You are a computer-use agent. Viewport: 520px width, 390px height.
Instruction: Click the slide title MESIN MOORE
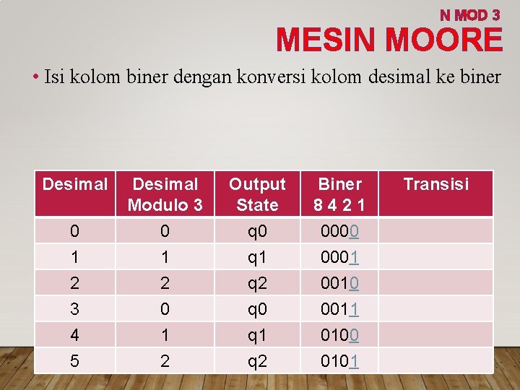[x=389, y=40]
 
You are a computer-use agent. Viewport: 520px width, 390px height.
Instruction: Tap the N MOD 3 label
[x=469, y=14]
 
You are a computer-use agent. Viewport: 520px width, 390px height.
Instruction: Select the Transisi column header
[x=435, y=184]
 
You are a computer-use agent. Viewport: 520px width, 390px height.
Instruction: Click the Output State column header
[x=257, y=194]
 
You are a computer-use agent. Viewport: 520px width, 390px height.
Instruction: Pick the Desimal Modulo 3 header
[x=165, y=194]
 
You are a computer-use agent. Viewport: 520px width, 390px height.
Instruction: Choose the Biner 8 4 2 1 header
[x=339, y=194]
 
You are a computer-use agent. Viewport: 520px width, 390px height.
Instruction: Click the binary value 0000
[x=339, y=231]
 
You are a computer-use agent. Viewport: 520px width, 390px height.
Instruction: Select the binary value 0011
[x=339, y=309]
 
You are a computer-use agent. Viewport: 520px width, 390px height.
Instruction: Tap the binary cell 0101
[x=339, y=360]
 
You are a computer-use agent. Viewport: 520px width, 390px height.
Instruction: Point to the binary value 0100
[x=339, y=335]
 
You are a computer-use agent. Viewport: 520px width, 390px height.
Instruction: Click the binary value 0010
[x=339, y=283]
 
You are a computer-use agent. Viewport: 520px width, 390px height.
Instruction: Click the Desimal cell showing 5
[x=74, y=360]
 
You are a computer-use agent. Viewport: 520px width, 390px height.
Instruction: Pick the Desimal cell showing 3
[x=74, y=309]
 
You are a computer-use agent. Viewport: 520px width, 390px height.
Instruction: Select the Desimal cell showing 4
[x=74, y=335]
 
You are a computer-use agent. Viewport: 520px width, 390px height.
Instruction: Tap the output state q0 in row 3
[x=257, y=309]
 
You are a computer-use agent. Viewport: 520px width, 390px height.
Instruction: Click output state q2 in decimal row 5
[x=257, y=360]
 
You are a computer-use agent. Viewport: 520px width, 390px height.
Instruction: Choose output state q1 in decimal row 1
[x=257, y=257]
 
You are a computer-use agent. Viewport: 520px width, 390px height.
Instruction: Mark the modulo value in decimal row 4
[x=165, y=335]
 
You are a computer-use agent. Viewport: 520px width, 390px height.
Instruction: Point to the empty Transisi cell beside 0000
[x=435, y=231]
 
